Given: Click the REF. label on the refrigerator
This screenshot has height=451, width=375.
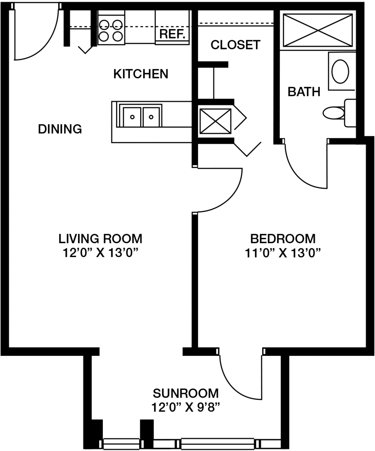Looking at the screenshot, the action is click(x=172, y=34).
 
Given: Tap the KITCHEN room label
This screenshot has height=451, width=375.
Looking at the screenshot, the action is click(x=141, y=74).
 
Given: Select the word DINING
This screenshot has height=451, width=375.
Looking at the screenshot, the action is click(x=60, y=129).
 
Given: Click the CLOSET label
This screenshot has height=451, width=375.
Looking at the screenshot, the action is click(x=235, y=45).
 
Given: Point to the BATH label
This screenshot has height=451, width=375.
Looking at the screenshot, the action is click(x=304, y=92).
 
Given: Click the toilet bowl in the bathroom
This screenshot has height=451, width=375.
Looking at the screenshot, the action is click(x=334, y=113).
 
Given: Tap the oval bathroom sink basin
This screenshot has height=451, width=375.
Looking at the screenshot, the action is click(x=340, y=71).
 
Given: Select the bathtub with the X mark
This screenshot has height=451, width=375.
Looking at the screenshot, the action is click(x=318, y=30).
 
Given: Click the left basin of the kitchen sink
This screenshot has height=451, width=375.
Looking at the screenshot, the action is click(x=132, y=117).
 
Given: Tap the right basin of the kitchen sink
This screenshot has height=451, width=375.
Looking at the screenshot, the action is click(x=151, y=117).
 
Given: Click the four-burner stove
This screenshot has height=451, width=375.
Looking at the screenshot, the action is click(x=111, y=30).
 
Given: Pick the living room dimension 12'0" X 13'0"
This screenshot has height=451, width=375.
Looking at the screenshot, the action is click(x=100, y=253).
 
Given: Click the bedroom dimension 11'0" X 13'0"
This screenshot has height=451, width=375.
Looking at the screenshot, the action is click(x=283, y=253).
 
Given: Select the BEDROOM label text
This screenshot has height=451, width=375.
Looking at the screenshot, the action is click(x=283, y=239).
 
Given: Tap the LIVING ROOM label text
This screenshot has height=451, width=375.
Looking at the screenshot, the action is click(x=100, y=239).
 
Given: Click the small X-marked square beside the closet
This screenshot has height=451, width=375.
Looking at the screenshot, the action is click(x=215, y=121).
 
